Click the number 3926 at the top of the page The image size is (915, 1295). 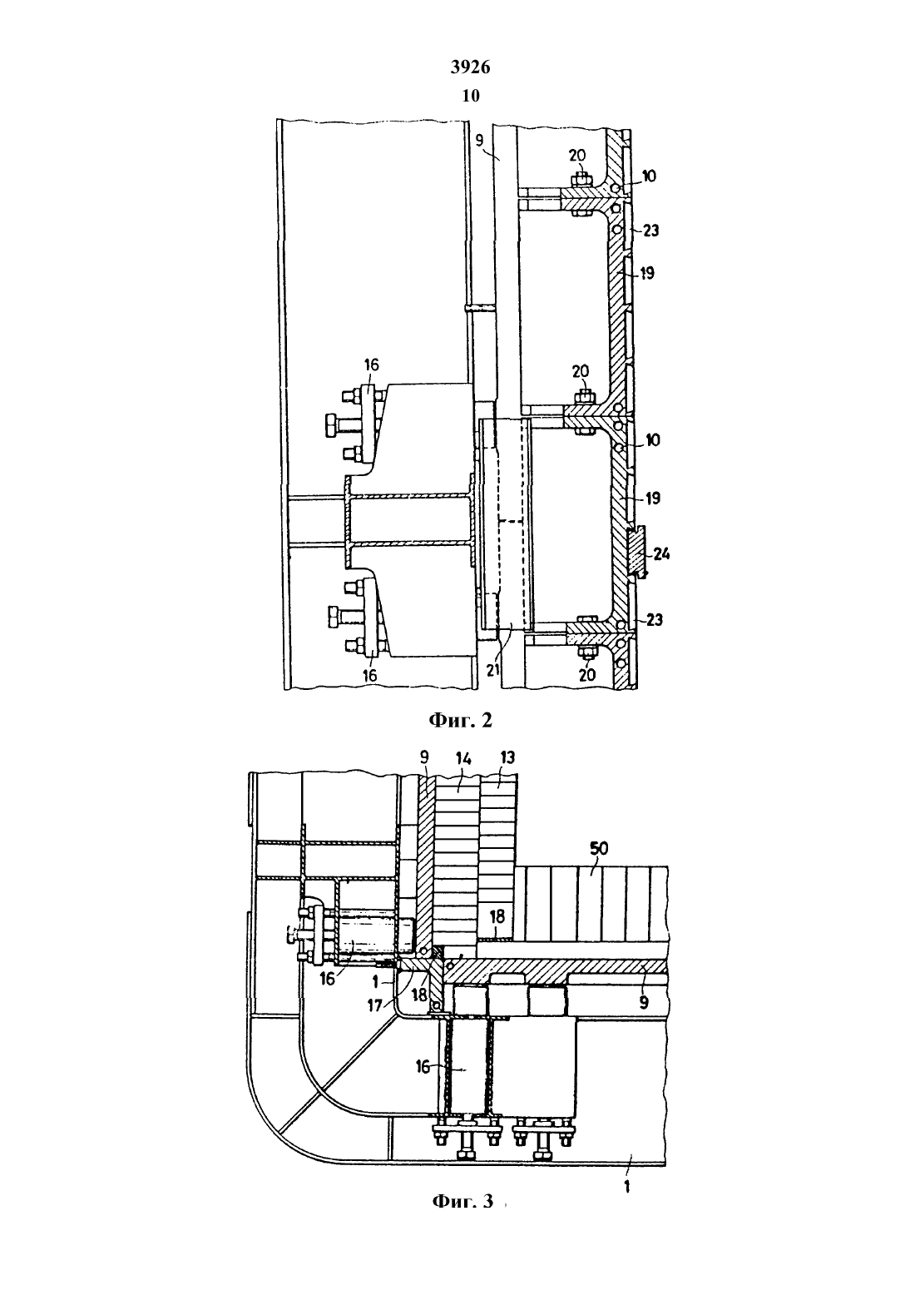click(x=470, y=67)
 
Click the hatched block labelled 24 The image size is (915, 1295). click(x=636, y=551)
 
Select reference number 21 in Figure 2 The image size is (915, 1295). click(x=508, y=671)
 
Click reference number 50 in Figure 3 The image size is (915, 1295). click(x=598, y=848)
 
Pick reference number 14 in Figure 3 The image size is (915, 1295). click(x=463, y=758)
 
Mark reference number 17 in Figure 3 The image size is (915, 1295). click(x=376, y=1005)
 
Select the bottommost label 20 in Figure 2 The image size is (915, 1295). click(x=587, y=674)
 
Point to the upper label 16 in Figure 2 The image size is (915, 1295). click(x=371, y=365)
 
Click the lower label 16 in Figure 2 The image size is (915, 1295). click(x=369, y=674)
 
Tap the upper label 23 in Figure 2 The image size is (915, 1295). click(x=650, y=230)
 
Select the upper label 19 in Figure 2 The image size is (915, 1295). click(x=647, y=273)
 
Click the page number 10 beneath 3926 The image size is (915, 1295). click(x=471, y=96)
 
